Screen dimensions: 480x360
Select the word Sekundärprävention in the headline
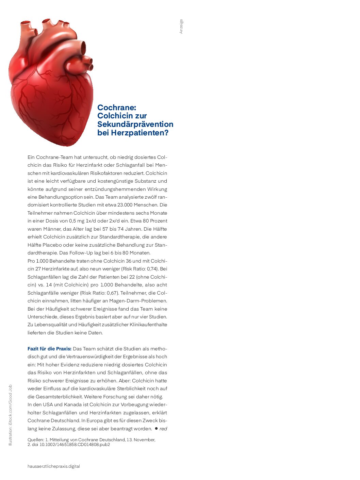tap(135, 125)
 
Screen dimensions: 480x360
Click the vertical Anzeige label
tap(181, 26)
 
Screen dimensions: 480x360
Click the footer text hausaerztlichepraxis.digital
tap(54, 466)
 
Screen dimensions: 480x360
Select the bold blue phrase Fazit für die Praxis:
tap(49, 349)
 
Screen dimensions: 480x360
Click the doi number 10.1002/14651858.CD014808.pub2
tap(75, 444)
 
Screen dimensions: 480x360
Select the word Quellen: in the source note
tap(36, 440)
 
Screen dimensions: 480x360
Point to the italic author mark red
tap(163, 429)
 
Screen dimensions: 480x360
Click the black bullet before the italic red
tap(156, 428)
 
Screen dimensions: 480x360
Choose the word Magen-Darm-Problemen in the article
tap(138, 301)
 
